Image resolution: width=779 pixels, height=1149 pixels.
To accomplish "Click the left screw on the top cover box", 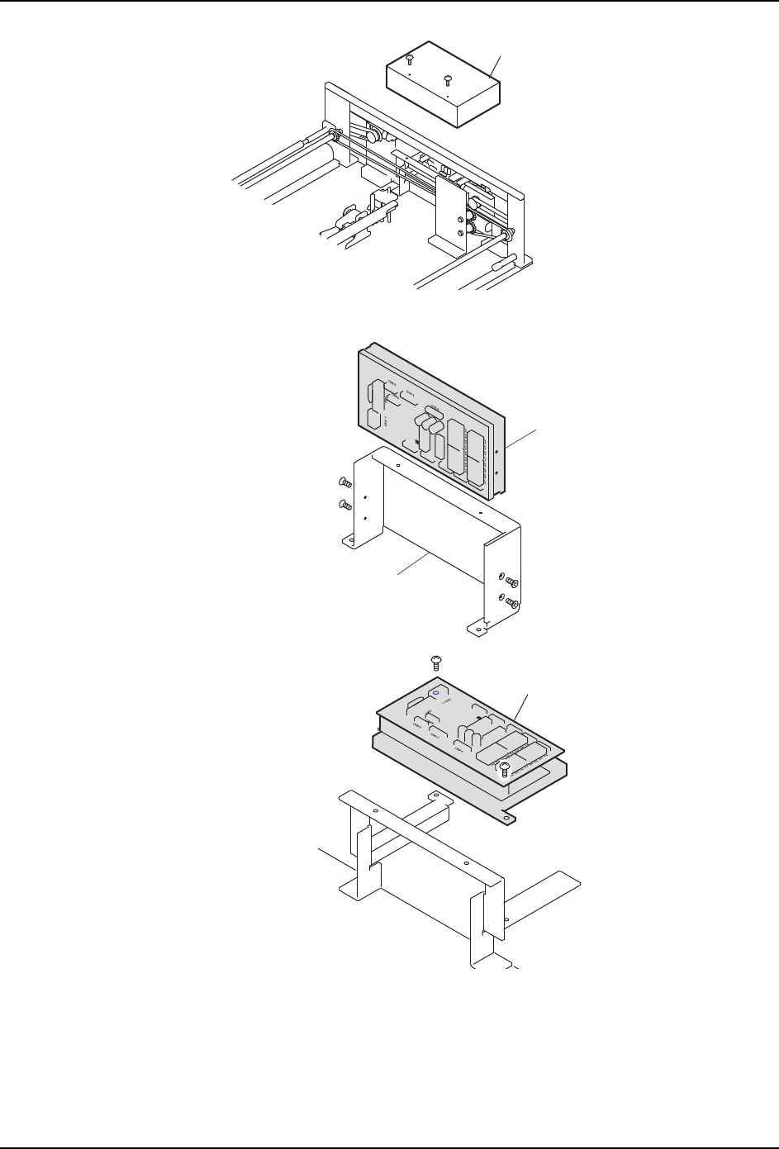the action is [410, 59].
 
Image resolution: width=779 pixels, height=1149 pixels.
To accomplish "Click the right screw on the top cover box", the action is [448, 80].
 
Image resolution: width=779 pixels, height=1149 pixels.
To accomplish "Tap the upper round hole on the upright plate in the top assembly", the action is [460, 220].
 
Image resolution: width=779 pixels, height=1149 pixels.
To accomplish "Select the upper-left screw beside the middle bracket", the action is [345, 482].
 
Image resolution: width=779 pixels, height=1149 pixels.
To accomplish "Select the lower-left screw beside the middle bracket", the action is [345, 504].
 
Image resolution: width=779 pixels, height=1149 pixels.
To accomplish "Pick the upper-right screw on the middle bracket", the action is [511, 582].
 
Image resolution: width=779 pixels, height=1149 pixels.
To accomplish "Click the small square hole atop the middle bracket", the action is [398, 465].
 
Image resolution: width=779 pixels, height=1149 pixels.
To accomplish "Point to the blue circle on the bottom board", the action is [435, 693].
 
